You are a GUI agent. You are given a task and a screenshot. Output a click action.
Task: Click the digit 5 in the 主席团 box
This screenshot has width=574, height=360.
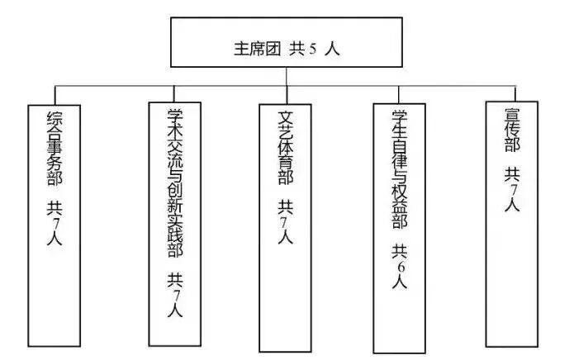click(x=313, y=49)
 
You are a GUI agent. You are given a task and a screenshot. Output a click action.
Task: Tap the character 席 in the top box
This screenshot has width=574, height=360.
click(x=255, y=49)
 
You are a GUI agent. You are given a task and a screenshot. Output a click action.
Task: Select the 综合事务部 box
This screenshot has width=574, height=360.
click(x=55, y=223)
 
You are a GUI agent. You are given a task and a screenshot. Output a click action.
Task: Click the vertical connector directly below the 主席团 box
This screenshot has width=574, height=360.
click(x=287, y=76)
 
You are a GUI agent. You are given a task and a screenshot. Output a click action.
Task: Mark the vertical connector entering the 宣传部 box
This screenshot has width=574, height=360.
click(x=515, y=93)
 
